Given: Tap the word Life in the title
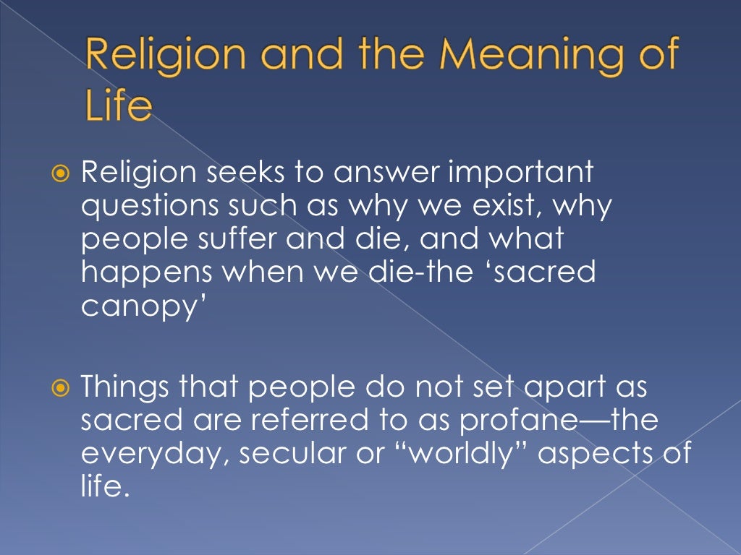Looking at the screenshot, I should point(119,106).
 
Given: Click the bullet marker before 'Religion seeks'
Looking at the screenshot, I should point(62,175).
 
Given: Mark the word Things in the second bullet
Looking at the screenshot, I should point(124,388).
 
